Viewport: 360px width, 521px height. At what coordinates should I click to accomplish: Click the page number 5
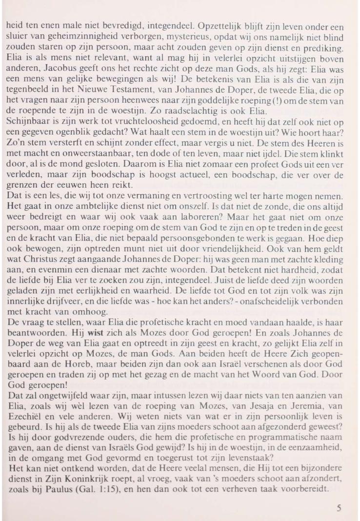pos(339,507)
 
